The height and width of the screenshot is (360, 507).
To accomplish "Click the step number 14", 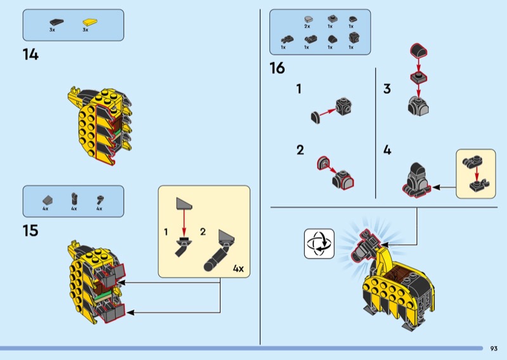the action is tap(30, 55).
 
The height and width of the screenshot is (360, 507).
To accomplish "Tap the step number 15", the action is tap(30, 231).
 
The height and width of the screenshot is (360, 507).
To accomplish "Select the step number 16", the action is tap(277, 68).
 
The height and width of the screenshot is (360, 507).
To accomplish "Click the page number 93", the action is tap(494, 349).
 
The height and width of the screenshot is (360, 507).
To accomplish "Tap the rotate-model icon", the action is tap(319, 243).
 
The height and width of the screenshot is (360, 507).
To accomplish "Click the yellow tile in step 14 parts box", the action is tap(89, 22).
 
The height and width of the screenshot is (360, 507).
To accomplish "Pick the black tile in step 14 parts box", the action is tap(56, 22).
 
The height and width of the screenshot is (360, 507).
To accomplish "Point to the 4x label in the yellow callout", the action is tap(238, 269).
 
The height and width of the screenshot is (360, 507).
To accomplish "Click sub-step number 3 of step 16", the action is tap(387, 89).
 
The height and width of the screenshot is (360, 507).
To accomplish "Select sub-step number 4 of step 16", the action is tap(387, 150).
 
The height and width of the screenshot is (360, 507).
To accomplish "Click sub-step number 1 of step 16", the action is tap(299, 89).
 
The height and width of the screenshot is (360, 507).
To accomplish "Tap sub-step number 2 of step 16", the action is tap(300, 150).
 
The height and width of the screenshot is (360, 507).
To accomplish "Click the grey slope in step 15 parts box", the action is tap(48, 200).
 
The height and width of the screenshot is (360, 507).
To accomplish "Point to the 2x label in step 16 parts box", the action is tap(307, 26).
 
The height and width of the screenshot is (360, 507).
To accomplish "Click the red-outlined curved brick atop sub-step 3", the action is tap(419, 51).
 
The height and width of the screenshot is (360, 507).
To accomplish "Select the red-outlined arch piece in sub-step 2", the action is tap(323, 163).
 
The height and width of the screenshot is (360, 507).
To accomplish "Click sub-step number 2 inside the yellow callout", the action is tap(203, 231).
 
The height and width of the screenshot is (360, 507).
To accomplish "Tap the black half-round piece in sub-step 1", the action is tap(316, 117).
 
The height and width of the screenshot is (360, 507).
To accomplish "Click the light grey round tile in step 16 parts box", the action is tap(309, 20).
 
